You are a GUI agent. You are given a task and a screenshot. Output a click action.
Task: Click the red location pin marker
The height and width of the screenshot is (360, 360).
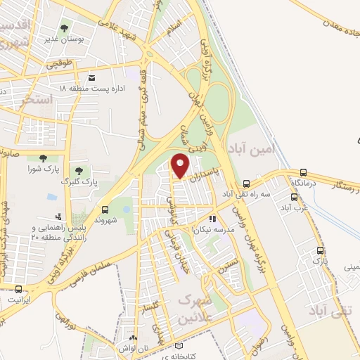click(181, 166)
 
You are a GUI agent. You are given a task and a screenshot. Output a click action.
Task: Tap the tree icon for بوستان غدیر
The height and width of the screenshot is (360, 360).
click(65, 29)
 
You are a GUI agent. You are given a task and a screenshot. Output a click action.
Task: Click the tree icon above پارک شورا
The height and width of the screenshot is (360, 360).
click(44, 158)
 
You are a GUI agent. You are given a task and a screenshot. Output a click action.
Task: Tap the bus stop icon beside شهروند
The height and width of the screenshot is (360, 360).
click(105, 209)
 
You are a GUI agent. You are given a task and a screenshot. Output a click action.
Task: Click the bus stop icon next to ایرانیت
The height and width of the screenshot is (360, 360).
click(18, 289)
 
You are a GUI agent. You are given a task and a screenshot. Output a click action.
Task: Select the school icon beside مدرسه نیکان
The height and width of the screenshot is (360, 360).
click(212, 219)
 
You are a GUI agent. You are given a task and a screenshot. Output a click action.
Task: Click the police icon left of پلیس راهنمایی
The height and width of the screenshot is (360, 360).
click(58, 217)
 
